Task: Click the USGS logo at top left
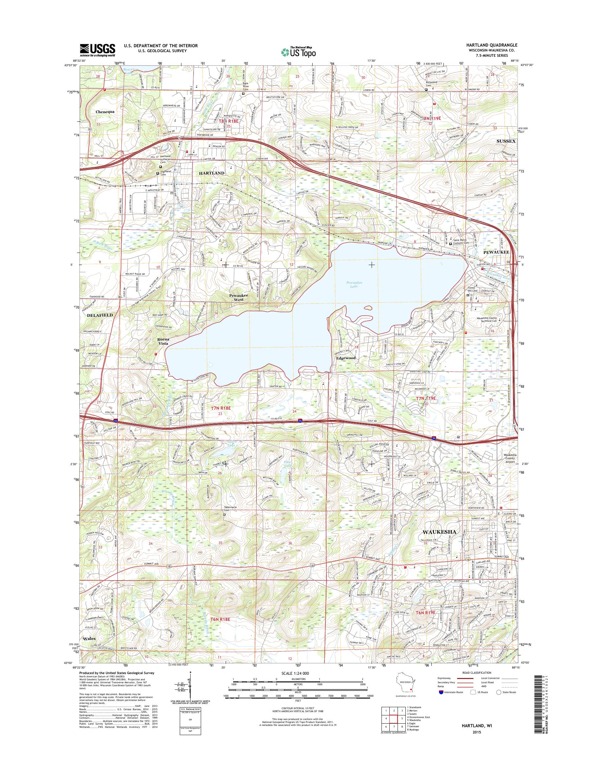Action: point(97,50)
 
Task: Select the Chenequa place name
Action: point(105,112)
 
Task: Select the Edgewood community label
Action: point(346,358)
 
